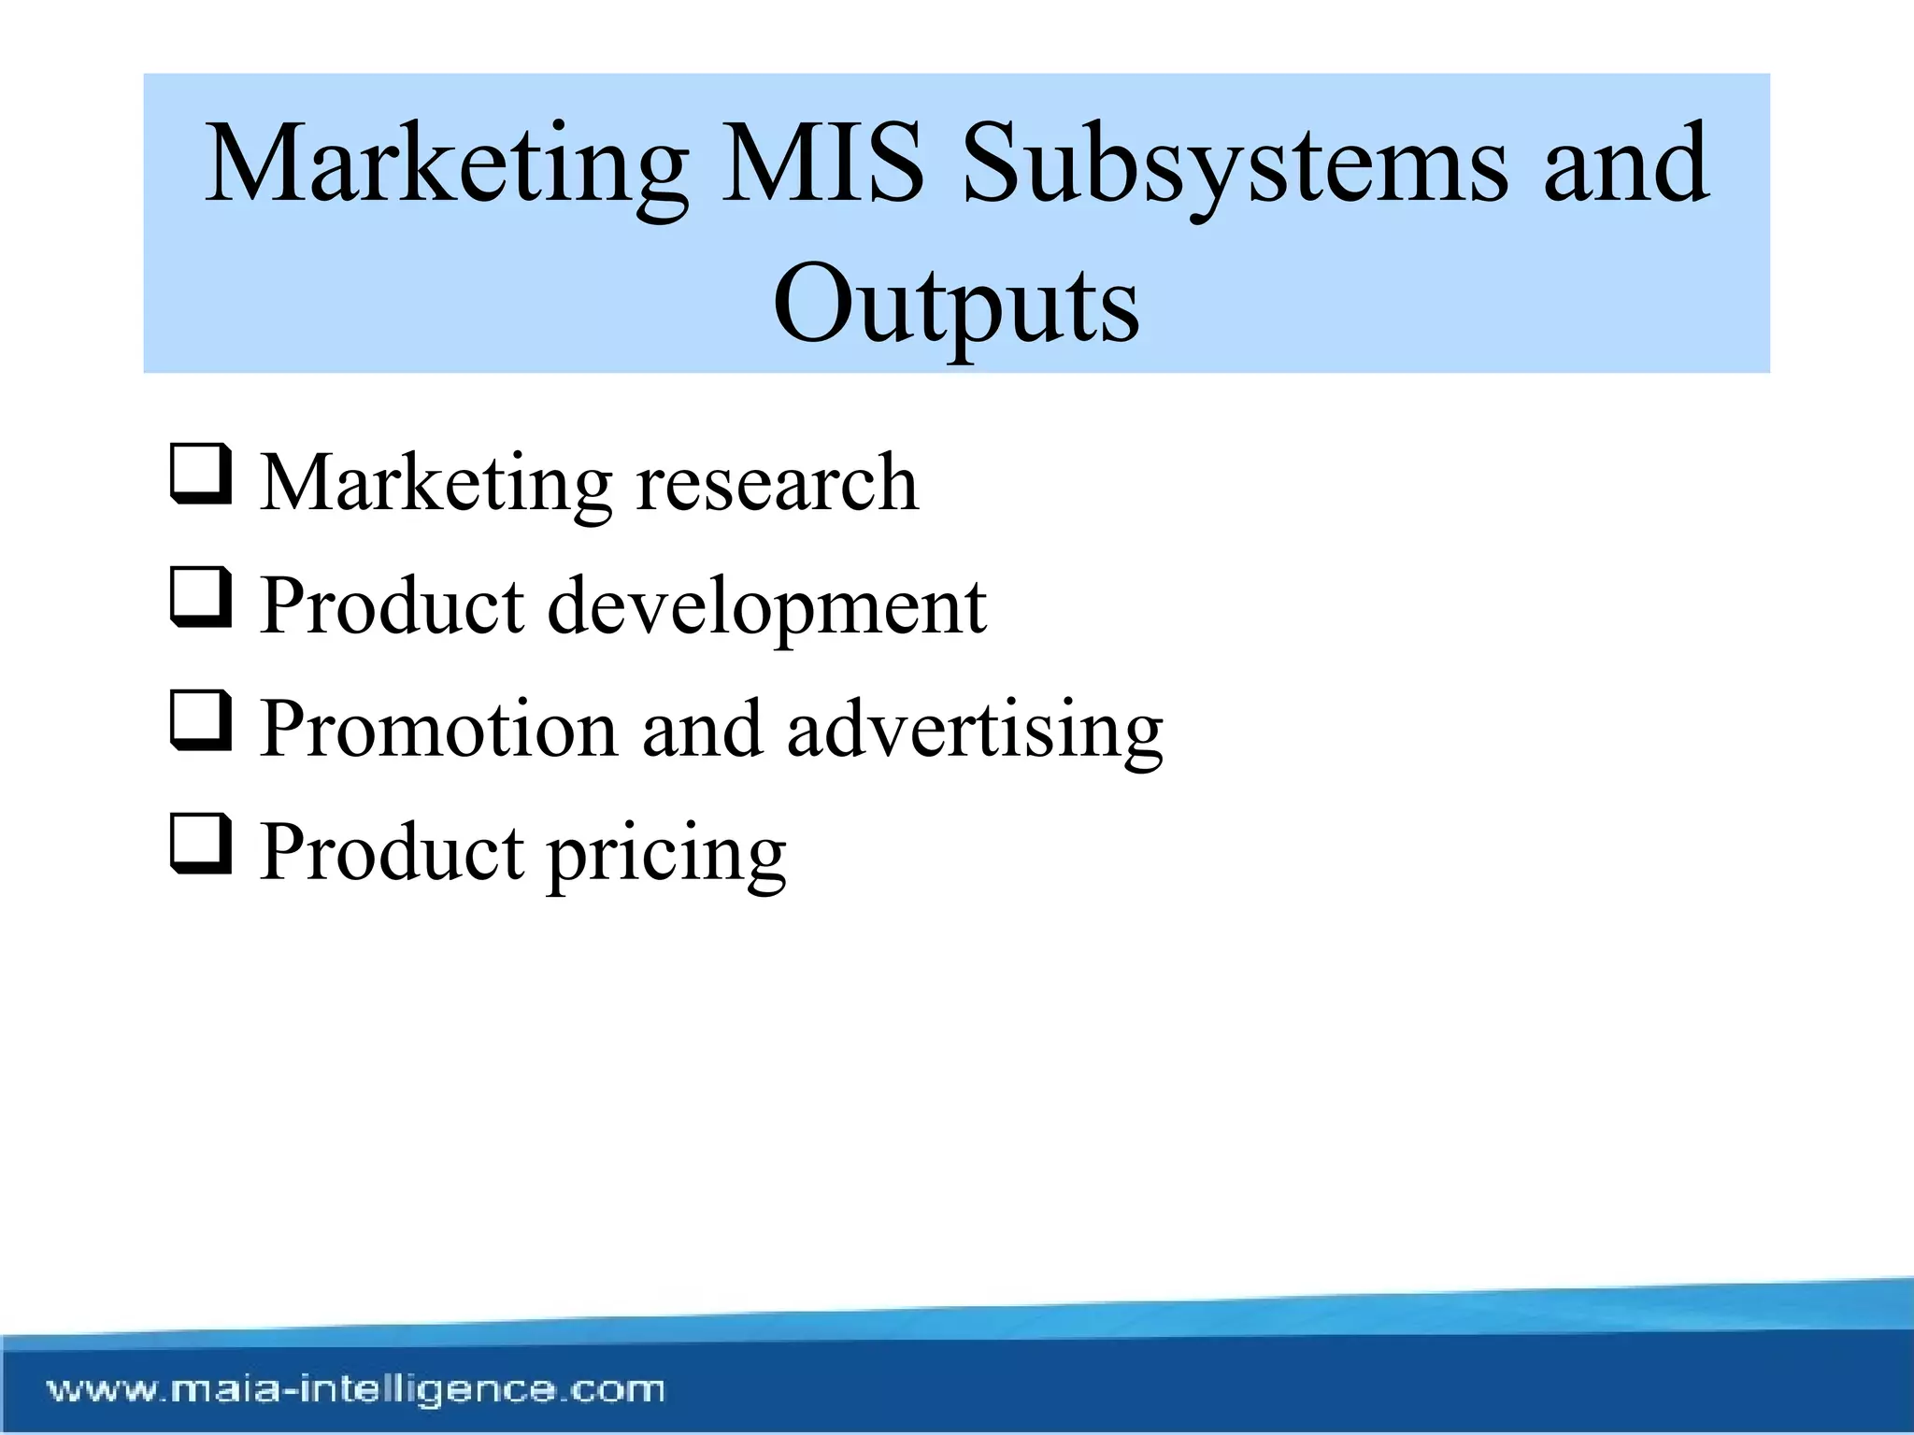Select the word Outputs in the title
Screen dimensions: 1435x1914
click(x=956, y=305)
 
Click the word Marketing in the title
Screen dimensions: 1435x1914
click(x=447, y=165)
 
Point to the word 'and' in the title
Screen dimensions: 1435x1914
click(x=1627, y=165)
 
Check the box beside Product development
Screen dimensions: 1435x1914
click(x=201, y=598)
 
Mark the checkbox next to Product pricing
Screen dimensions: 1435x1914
click(x=201, y=844)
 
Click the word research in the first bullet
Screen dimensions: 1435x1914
click(x=777, y=482)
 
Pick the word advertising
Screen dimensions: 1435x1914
click(x=975, y=729)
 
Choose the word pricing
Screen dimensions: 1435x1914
click(x=666, y=852)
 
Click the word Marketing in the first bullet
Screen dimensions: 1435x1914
click(x=436, y=482)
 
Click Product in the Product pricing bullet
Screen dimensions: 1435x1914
click(x=393, y=852)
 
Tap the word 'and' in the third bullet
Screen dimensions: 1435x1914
click(x=701, y=729)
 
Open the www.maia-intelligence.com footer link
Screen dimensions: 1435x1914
click(x=356, y=1390)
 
